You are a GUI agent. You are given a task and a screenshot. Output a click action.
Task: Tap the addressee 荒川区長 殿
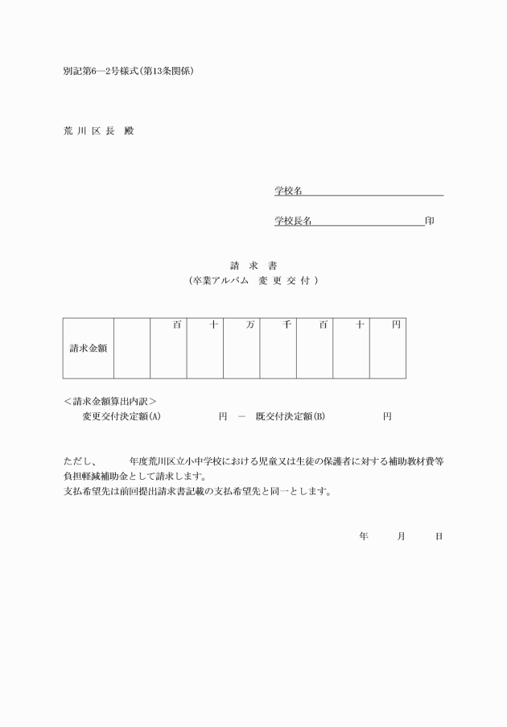(98, 130)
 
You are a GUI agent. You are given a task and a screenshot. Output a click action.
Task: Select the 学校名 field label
(288, 191)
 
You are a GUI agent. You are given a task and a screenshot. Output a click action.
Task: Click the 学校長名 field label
(293, 221)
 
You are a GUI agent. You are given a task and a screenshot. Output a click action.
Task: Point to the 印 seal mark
(431, 221)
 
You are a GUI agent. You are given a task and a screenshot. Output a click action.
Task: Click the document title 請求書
(253, 265)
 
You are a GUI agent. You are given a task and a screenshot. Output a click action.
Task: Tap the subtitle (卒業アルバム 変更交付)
(253, 280)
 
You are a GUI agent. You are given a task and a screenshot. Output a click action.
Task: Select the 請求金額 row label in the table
(89, 349)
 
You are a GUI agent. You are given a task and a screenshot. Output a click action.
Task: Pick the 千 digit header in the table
(287, 324)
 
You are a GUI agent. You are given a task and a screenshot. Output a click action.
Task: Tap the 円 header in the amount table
(396, 324)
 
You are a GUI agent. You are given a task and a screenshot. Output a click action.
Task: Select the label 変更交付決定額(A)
(122, 416)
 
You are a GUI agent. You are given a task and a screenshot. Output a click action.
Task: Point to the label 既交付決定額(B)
(290, 416)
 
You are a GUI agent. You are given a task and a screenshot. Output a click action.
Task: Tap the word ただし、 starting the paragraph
(80, 461)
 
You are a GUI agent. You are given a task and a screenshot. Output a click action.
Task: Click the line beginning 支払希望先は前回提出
(197, 491)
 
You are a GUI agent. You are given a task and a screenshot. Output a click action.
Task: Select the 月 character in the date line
(401, 535)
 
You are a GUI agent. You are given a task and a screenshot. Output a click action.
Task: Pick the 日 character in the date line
(439, 535)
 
